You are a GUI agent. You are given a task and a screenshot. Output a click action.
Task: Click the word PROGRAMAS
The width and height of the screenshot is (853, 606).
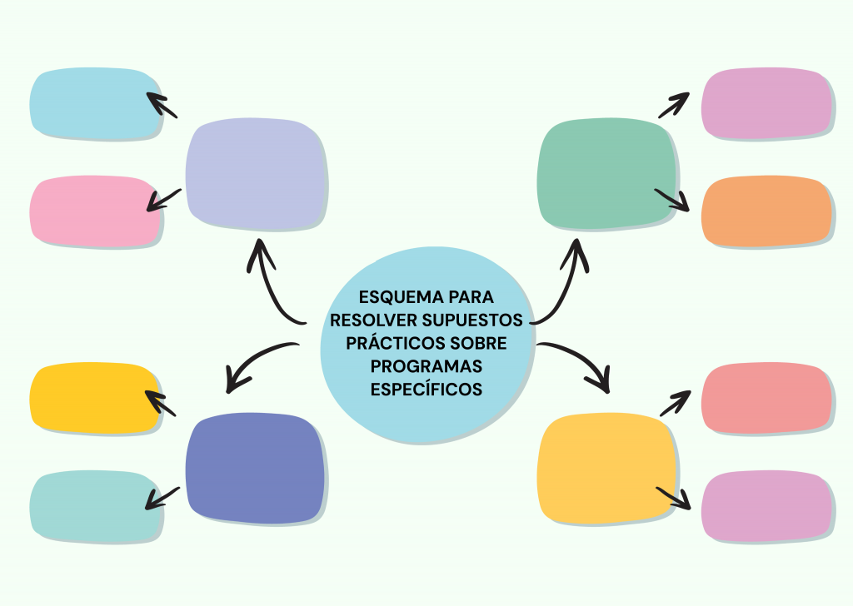coord(426,365)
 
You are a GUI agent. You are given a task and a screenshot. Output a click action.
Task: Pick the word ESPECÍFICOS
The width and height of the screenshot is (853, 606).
coord(426,388)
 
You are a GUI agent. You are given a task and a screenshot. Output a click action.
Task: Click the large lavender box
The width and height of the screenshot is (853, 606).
coord(256,174)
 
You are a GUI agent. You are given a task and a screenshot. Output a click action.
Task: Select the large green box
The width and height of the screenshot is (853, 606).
coord(606,174)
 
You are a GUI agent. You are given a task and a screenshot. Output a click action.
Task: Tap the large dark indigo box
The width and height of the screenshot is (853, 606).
coord(255,468)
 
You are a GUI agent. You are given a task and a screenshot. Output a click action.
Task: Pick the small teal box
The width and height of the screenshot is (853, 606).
coord(96,506)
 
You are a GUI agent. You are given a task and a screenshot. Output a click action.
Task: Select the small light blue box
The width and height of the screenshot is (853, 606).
coord(96,104)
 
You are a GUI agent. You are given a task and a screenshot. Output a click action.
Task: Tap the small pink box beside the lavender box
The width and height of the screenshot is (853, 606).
coord(96,211)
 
